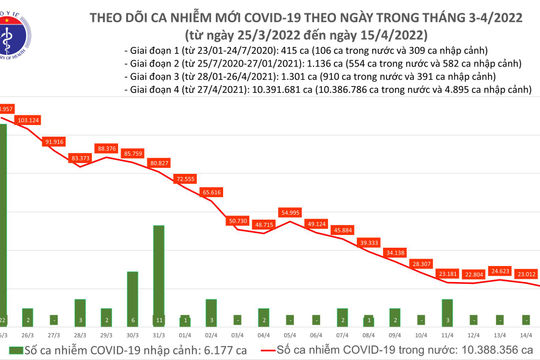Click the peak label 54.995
(289, 212)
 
